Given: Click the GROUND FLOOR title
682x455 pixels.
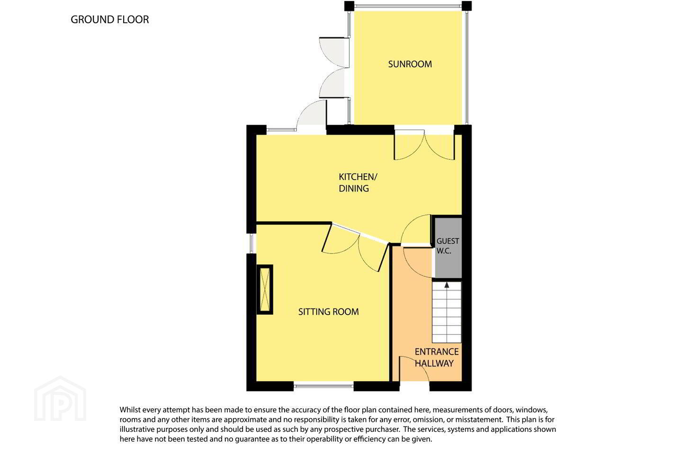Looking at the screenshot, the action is tap(109, 19).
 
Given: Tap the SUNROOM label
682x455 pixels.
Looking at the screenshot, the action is tap(410, 64).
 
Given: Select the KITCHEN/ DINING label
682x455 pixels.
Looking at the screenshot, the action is tap(358, 182).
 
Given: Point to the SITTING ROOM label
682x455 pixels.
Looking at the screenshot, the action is tap(329, 311).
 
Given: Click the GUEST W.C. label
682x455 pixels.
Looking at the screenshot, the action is tap(448, 246).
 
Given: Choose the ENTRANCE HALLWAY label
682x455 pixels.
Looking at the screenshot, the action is tap(437, 357).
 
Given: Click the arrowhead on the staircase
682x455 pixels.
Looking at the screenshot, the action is tap(447, 285).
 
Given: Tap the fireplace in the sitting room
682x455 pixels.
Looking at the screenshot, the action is tap(265, 289).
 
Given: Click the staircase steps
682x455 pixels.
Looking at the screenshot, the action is tap(447, 312).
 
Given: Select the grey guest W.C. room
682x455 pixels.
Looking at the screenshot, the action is tap(448, 247).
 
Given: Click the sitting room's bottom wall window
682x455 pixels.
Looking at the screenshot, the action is tap(323, 386).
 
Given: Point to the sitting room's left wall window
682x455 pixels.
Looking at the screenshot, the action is tap(251, 243).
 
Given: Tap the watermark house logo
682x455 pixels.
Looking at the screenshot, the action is tap(60, 399).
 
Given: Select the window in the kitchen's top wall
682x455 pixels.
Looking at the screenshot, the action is tap(282, 130).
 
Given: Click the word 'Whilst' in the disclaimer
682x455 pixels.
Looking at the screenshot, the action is tap(130, 409).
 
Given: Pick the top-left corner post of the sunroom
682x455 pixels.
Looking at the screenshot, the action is tap(349, 6).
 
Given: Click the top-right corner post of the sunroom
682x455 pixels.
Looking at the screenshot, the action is tap(467, 6).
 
